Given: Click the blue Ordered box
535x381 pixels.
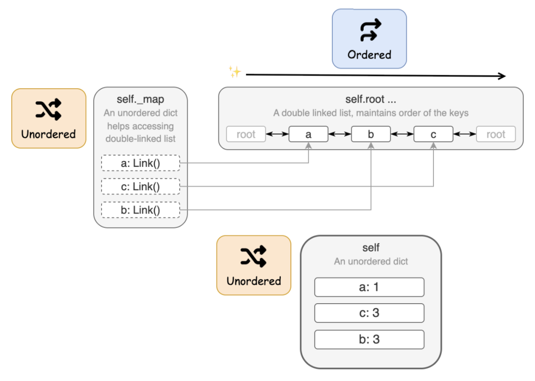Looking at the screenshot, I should pos(369,39).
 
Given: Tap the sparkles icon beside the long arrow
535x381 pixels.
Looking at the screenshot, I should pos(234,72).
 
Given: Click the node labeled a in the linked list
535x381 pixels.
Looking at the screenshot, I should pos(309,134).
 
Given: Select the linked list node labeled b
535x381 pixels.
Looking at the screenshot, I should pos(371,134).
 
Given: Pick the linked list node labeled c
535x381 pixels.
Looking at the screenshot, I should pos(433,134).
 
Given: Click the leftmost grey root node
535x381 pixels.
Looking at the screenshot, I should pos(246,134).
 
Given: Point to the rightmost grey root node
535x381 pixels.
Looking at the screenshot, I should pos(496,134).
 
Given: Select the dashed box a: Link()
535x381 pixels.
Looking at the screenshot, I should pos(140,163).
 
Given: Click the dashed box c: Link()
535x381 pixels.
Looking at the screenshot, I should pos(140,186).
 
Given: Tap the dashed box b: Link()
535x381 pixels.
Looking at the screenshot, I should pos(140,210).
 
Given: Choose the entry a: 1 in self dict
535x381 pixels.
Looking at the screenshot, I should pos(370,287).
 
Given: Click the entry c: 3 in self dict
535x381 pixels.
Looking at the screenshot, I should pos(370,313).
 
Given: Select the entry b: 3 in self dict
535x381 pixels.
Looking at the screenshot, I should pos(370,339).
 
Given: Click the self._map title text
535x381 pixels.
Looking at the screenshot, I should pos(140,100).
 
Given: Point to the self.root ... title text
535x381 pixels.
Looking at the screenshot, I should pos(371,100).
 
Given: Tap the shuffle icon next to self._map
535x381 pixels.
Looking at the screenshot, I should pos(49,109).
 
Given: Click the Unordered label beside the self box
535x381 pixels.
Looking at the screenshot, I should pos(254,281).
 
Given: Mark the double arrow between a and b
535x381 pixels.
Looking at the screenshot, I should pos(340,134).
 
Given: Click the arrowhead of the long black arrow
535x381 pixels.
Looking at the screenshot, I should pos(502,76).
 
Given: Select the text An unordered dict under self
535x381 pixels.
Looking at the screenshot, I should pos(371,261).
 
